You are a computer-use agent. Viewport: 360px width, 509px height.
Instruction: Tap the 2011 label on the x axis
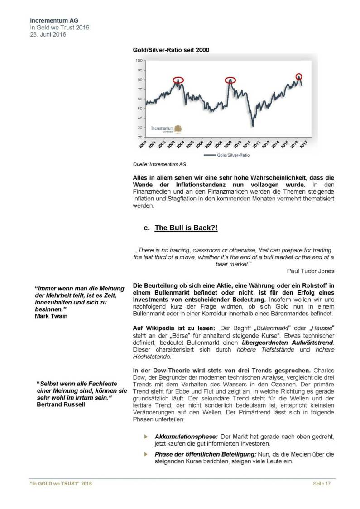pos(245,144)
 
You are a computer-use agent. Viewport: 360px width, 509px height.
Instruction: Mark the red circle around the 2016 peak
pos(298,76)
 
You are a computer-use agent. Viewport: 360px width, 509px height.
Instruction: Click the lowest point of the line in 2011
pos(253,125)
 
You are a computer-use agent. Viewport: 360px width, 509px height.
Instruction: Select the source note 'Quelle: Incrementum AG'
pos(159,165)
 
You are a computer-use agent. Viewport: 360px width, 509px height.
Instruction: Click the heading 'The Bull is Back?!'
pos(186,228)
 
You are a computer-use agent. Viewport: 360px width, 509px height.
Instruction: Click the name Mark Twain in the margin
pos(51,316)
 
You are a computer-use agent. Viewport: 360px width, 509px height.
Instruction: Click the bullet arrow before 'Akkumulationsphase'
pos(146,436)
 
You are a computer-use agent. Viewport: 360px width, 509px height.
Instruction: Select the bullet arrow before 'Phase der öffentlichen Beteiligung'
pos(146,454)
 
